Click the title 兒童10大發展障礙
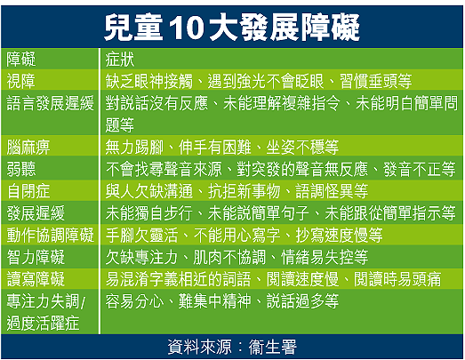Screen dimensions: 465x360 231,28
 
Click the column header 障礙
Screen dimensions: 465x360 21,60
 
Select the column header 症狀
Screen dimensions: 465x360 120,60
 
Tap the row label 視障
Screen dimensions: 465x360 20,81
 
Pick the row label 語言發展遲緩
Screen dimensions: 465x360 50,103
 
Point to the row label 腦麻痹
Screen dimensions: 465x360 28,148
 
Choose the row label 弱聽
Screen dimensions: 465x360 21,169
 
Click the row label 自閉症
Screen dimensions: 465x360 28,191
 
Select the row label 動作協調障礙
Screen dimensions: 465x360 50,236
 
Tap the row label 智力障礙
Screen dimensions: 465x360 36,257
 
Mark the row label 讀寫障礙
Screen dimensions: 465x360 36,279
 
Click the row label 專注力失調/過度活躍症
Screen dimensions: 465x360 46,312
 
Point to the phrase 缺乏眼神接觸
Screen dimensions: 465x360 148,81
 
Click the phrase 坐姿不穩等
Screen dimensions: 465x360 302,148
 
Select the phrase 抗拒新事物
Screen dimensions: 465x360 245,191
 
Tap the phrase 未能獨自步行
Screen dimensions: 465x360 148,213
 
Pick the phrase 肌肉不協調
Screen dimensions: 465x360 229,257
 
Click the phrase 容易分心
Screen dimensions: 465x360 134,301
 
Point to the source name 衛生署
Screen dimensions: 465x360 273,347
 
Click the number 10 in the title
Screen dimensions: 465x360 186,28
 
